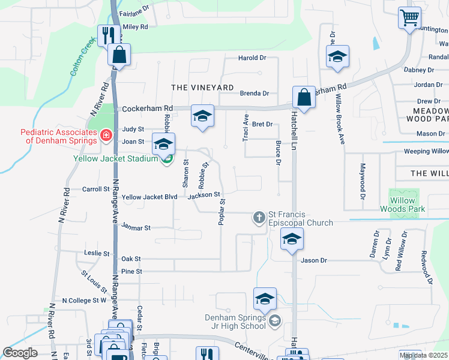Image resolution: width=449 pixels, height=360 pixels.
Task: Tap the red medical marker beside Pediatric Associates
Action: click(106, 136)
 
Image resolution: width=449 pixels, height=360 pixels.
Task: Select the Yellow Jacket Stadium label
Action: click(116, 159)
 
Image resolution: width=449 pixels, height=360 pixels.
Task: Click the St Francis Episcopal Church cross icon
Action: click(259, 217)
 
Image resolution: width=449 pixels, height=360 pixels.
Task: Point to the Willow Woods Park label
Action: click(402, 205)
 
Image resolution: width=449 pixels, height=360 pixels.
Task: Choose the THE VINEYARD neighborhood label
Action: click(202, 88)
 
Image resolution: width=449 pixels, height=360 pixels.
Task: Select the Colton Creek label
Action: click(82, 57)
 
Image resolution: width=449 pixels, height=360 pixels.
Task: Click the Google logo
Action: click(20, 353)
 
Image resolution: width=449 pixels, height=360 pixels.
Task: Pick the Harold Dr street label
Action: click(252, 58)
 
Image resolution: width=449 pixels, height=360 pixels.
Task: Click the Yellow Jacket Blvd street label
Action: click(149, 197)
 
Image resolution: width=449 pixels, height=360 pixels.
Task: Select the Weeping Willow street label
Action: click(426, 152)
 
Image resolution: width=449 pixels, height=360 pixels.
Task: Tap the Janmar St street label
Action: click(136, 228)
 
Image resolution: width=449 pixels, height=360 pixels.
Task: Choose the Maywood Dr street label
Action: click(363, 181)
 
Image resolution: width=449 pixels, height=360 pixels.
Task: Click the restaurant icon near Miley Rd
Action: click(108, 35)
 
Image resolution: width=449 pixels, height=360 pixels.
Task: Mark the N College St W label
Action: click(84, 300)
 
